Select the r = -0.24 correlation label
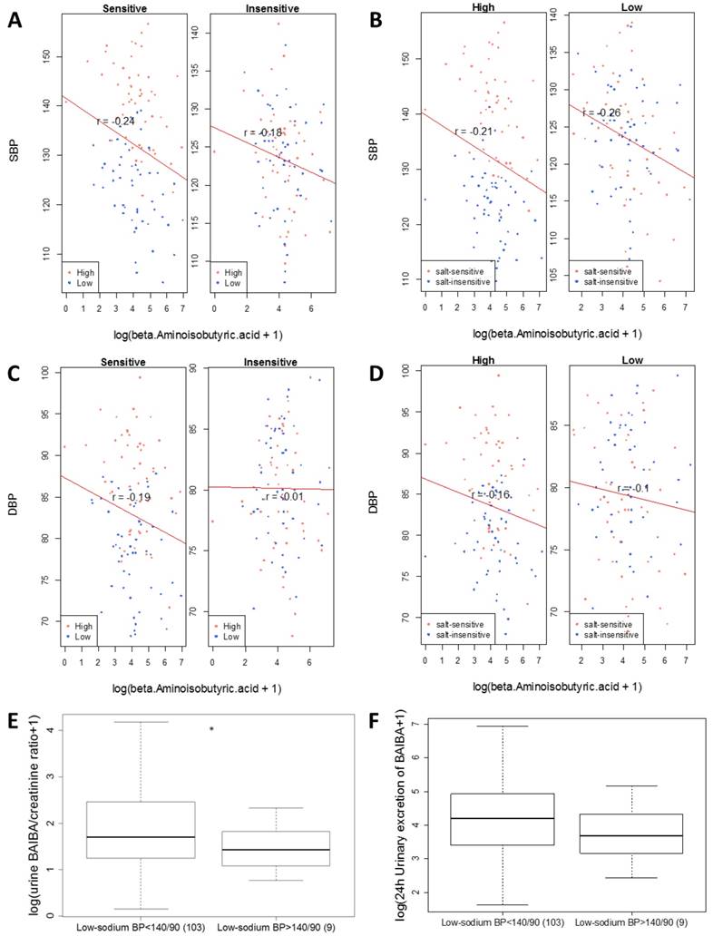[116, 120]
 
